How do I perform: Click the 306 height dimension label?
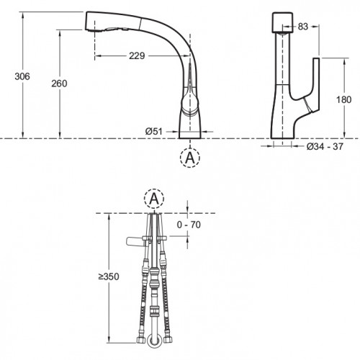[22, 76]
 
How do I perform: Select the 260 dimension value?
[59, 84]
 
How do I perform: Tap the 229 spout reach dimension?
[137, 56]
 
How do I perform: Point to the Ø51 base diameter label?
[154, 132]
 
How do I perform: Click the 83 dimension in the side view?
[303, 27]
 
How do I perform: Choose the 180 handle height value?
[343, 99]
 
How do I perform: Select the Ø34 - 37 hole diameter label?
[325, 146]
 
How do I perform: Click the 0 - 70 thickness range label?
[189, 225]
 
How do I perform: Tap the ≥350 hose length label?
[109, 276]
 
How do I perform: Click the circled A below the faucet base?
[190, 158]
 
